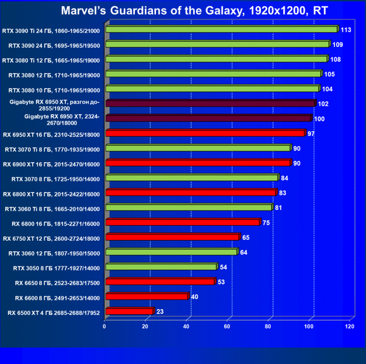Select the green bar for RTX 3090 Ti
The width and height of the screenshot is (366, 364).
click(221, 29)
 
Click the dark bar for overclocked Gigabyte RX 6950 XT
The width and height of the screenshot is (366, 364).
click(210, 104)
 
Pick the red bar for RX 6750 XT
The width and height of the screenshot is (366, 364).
click(172, 237)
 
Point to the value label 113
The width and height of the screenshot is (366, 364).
click(346, 30)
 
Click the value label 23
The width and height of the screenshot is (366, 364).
click(160, 312)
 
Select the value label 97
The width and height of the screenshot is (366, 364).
click(311, 133)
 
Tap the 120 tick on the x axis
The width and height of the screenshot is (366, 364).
click(350, 327)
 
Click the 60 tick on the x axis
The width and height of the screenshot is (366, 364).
click(227, 327)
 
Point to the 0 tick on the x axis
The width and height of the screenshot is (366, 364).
click(105, 327)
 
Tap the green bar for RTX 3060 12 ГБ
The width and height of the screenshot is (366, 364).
click(171, 252)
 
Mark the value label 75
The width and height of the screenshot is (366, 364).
click(266, 223)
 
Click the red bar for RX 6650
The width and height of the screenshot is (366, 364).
click(160, 281)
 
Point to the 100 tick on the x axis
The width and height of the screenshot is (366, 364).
click(309, 327)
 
